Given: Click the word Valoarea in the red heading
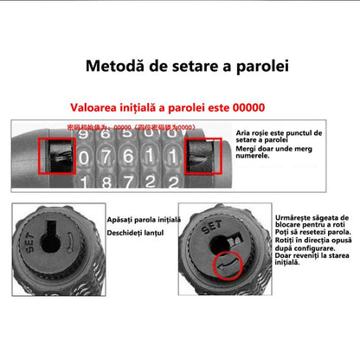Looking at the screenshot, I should [98, 109].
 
